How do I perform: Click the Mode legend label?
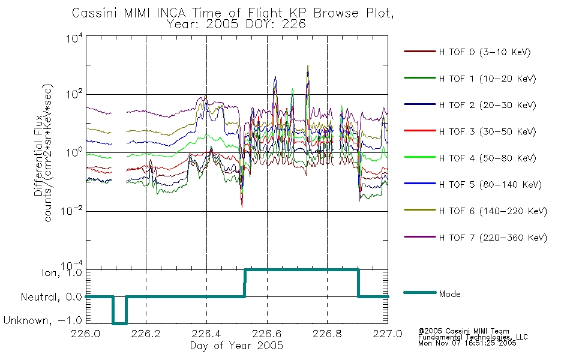pyautogui.click(x=449, y=294)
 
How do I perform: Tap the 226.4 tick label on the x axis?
pyautogui.click(x=206, y=334)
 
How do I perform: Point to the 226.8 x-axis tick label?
pyautogui.click(x=327, y=334)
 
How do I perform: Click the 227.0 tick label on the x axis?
pyautogui.click(x=388, y=334)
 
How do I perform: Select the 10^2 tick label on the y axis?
pyautogui.click(x=74, y=94)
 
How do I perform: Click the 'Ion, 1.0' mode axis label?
pyautogui.click(x=62, y=273)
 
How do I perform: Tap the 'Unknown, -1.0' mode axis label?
pyautogui.click(x=43, y=320)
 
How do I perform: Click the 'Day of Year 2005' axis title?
pyautogui.click(x=236, y=346)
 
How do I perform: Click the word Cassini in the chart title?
pyautogui.click(x=95, y=13)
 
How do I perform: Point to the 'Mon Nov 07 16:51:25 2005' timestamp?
pyautogui.click(x=467, y=343)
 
